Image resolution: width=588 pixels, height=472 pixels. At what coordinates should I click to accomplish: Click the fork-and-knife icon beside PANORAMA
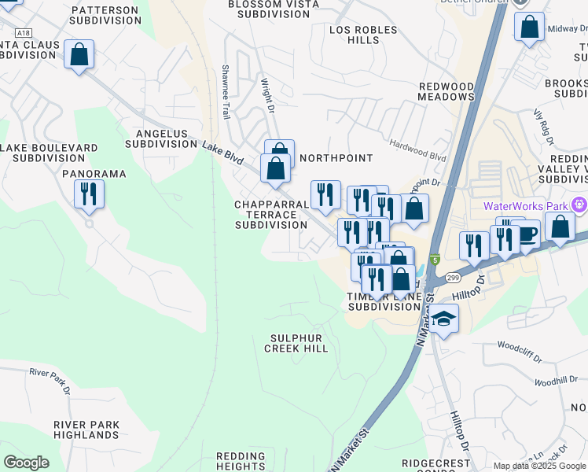89,193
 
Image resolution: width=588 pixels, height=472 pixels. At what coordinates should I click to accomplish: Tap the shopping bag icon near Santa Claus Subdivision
79,55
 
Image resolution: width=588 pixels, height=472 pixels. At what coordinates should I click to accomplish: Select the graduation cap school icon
444,319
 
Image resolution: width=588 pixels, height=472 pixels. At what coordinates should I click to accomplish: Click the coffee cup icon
527,234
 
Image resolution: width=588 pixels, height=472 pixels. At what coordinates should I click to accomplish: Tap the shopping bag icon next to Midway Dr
529,28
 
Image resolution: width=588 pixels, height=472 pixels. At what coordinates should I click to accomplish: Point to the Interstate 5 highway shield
435,260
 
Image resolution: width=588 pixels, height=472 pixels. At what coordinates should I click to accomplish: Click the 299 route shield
452,278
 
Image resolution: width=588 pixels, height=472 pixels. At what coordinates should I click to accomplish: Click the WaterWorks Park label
527,206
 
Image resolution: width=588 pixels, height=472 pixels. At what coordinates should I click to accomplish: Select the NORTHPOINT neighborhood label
336,158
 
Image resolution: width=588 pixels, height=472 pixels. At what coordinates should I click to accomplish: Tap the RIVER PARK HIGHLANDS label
86,430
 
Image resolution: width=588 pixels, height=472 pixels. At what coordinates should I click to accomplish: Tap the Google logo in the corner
26,463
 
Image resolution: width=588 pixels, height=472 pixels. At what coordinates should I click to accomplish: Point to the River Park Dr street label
50,380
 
